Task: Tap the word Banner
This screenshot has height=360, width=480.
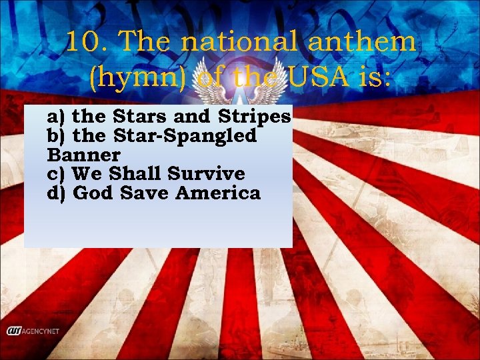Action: [x=84, y=155]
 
